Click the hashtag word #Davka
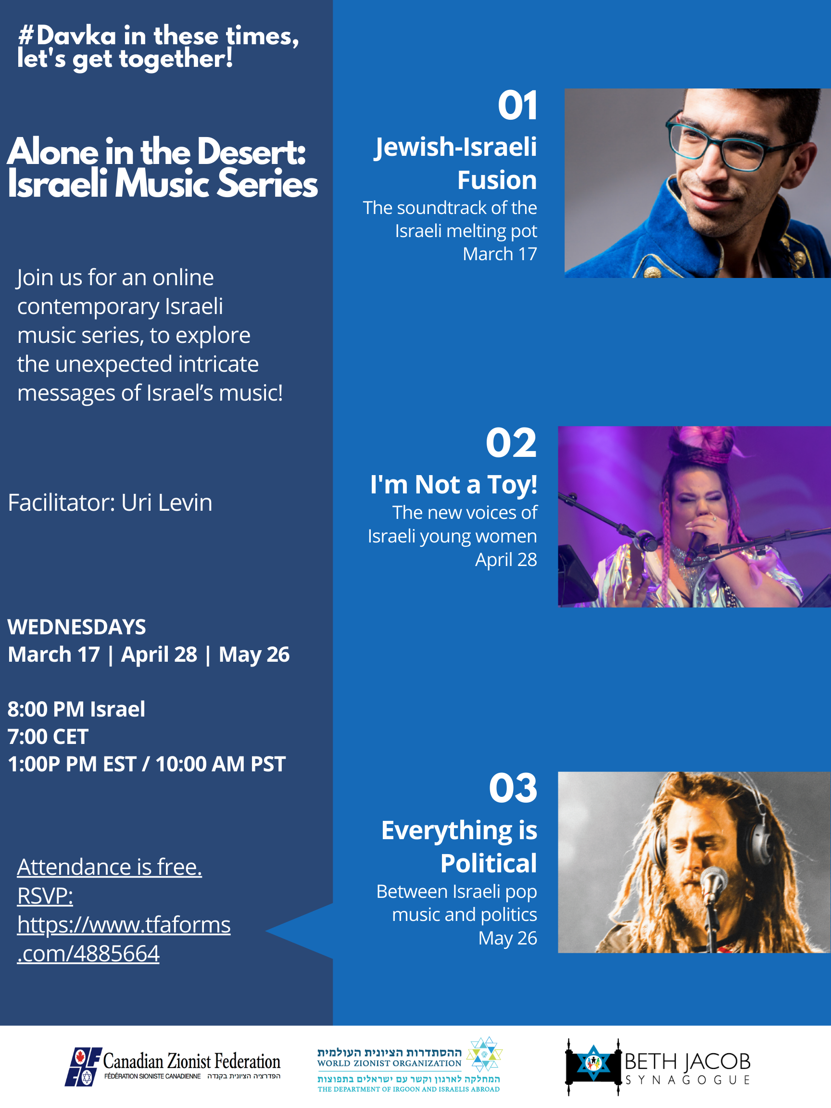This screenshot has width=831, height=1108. point(67,36)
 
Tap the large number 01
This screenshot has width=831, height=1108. point(517,106)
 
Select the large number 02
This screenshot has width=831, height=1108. point(511,443)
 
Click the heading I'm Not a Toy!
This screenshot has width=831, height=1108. point(454,484)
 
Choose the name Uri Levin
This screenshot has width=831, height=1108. point(167,503)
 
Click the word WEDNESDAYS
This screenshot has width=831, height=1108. point(76,627)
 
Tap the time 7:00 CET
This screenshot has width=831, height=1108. point(48,737)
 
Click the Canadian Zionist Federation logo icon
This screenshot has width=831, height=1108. point(83,1067)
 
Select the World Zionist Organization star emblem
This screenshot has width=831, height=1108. point(484,1054)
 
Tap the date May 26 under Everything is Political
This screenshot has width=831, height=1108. point(507,938)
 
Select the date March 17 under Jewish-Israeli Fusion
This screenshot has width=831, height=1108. point(499,254)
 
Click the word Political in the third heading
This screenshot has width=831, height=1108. point(489,863)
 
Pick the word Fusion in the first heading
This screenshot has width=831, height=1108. point(497,180)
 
